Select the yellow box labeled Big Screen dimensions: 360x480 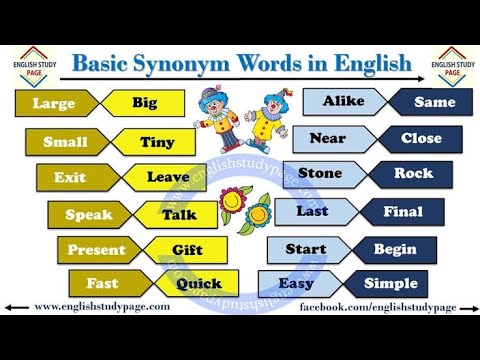[x=144, y=103]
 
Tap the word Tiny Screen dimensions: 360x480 [x=157, y=142]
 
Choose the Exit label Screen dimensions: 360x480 [x=70, y=178]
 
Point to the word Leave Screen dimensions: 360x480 [x=168, y=178]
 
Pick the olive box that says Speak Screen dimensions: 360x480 [x=88, y=215]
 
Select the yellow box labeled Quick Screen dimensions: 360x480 [x=199, y=284]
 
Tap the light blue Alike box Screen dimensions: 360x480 [x=343, y=102]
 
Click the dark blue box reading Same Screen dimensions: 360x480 [x=434, y=102]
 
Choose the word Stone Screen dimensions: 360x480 [x=320, y=174]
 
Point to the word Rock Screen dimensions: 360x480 [x=413, y=174]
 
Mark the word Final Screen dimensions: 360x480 [x=403, y=212]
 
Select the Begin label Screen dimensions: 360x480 [x=395, y=249]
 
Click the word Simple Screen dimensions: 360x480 [x=390, y=284]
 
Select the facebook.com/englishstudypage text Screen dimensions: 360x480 [x=378, y=307]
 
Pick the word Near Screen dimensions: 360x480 [x=327, y=138]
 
